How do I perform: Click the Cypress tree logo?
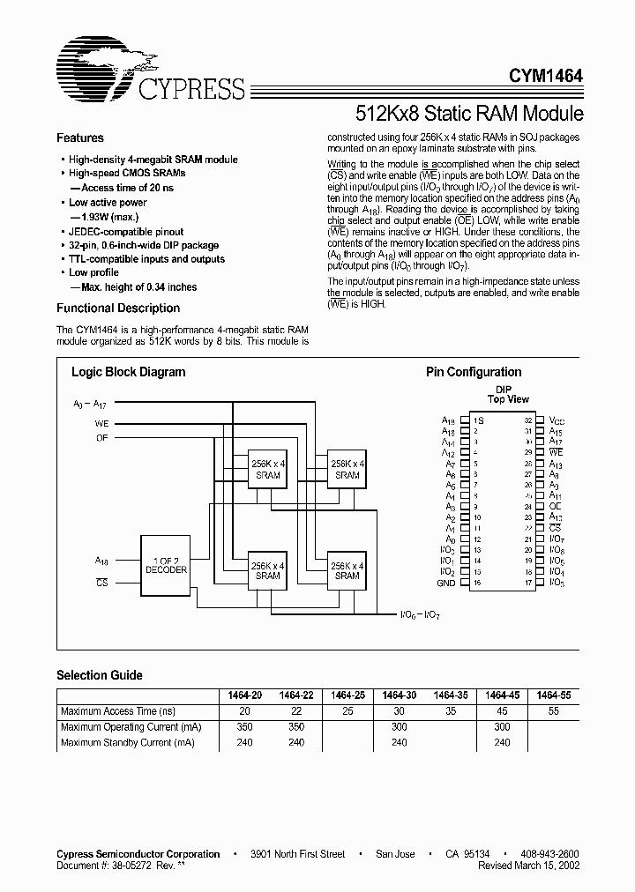[93, 64]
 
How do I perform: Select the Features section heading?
[80, 138]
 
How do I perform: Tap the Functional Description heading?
[118, 308]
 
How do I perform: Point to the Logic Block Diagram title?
[128, 372]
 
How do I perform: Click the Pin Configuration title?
[474, 372]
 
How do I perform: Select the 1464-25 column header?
[348, 695]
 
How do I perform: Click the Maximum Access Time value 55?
[553, 711]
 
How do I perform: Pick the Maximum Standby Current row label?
[127, 743]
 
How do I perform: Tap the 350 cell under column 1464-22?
[296, 727]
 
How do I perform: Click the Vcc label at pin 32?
[556, 421]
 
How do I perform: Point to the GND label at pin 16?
[446, 584]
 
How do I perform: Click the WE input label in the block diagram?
[102, 424]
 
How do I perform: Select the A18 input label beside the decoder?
[101, 561]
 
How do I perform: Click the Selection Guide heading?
[100, 675]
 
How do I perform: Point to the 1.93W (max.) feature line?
[109, 217]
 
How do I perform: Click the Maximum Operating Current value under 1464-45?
[502, 727]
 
